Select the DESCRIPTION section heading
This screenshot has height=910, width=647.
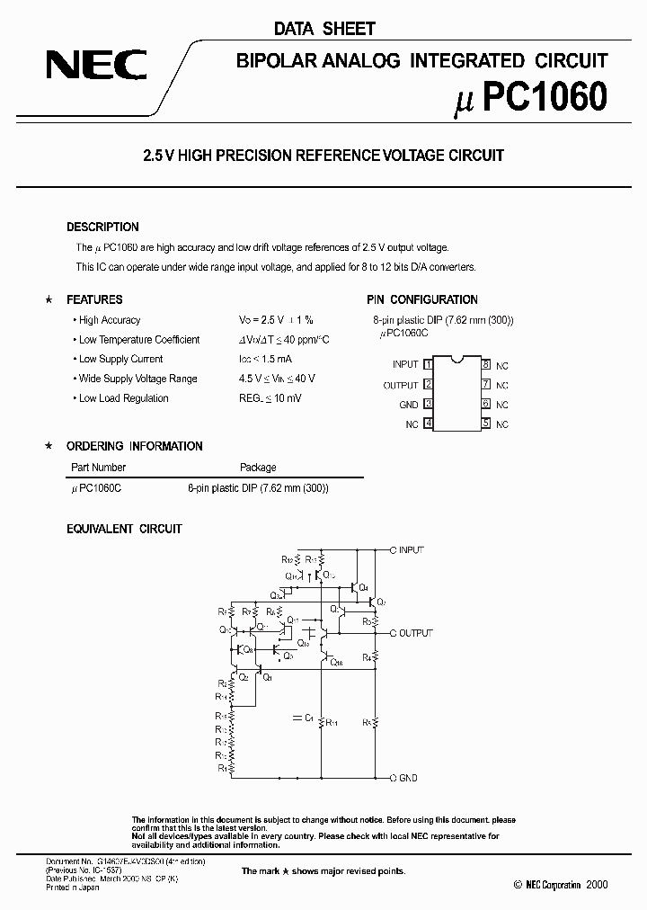pyautogui.click(x=102, y=227)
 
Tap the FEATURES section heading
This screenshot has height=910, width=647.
pyautogui.click(x=94, y=299)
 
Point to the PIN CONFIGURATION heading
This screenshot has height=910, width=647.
pyautogui.click(x=421, y=299)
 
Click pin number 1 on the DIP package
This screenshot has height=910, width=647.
pyautogui.click(x=429, y=364)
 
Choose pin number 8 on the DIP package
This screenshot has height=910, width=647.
pyautogui.click(x=485, y=364)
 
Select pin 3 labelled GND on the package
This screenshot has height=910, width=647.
pyautogui.click(x=429, y=405)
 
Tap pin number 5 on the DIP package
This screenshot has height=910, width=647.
pyautogui.click(x=485, y=424)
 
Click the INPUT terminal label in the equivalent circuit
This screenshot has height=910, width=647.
pyautogui.click(x=410, y=549)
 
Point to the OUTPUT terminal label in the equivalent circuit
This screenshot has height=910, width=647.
pyautogui.click(x=414, y=633)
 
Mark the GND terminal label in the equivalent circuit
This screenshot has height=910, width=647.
pyautogui.click(x=406, y=778)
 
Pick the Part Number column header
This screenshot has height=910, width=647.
pyautogui.click(x=98, y=468)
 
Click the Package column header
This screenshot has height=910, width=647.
pyautogui.click(x=258, y=468)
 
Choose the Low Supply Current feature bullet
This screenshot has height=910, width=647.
pyautogui.click(x=120, y=360)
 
